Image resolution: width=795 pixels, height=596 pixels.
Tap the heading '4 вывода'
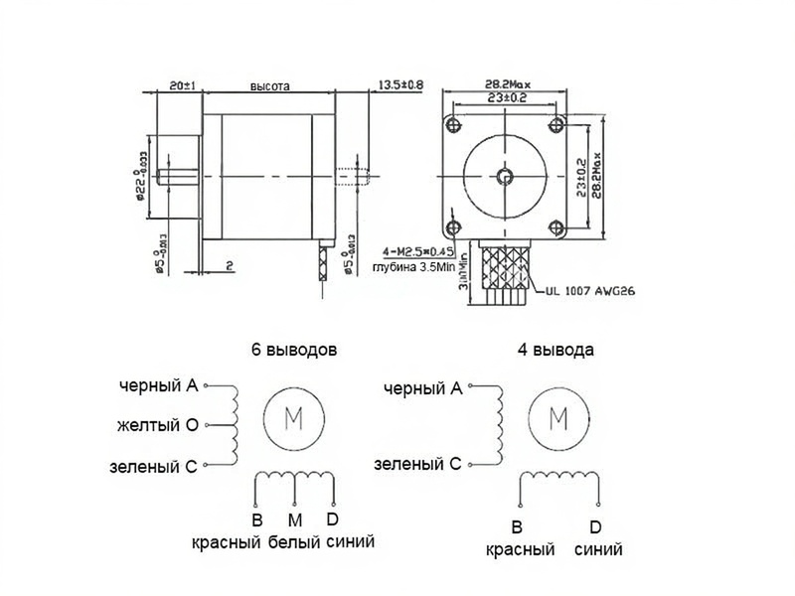pyautogui.click(x=556, y=350)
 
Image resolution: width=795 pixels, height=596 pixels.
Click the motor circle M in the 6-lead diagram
pyautogui.click(x=295, y=417)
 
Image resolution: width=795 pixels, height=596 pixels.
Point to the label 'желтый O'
pyautogui.click(x=158, y=425)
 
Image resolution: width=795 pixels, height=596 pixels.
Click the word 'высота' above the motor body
pyautogui.click(x=269, y=86)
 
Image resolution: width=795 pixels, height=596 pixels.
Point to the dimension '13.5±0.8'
pyautogui.click(x=400, y=85)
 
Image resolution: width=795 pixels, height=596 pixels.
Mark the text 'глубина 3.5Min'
pyautogui.click(x=411, y=266)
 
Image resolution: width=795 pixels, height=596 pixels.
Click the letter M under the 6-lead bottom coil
pyautogui.click(x=294, y=521)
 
